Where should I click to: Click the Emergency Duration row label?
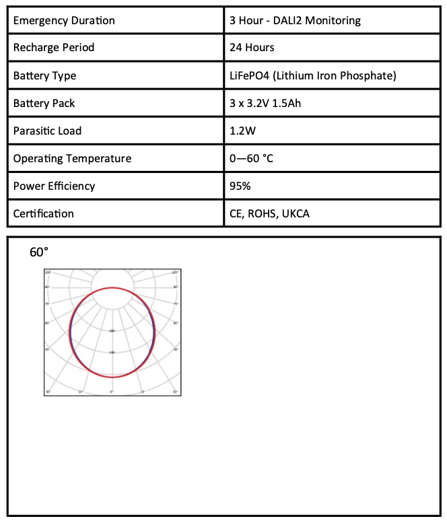pos(64,20)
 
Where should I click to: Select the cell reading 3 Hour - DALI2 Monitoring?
pos(295,20)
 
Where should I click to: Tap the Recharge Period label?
pos(54,48)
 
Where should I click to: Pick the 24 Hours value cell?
pos(252,48)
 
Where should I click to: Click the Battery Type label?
pos(44,75)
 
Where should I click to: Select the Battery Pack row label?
pos(44,103)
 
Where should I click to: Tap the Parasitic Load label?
pos(47,131)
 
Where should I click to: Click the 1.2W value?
pos(242,131)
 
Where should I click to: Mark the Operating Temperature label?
pos(72,158)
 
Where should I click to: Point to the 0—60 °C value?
pos(251,158)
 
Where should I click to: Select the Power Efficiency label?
pos(54,186)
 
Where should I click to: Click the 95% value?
pos(240,186)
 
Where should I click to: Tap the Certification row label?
pos(44,213)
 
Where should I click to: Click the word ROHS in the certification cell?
pos(263,213)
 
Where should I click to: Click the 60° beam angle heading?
pos(39,252)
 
